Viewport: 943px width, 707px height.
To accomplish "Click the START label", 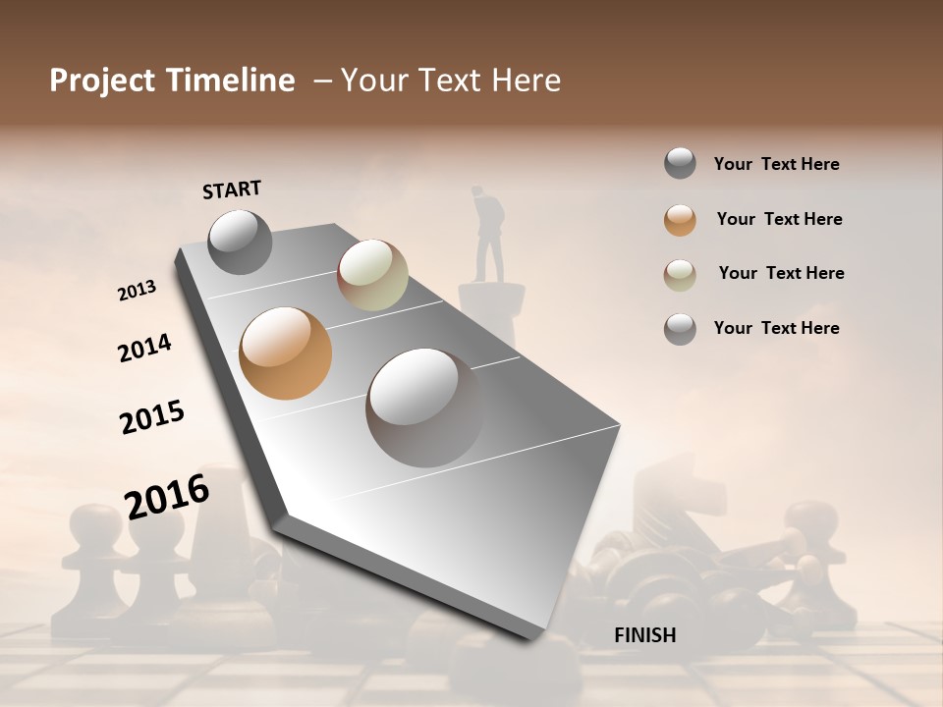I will tap(232, 190).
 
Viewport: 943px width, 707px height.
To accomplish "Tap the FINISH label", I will tap(644, 635).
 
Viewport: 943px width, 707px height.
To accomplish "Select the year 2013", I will tap(137, 291).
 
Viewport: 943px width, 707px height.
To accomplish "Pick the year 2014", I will tap(144, 348).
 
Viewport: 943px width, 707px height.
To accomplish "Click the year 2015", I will tap(152, 417).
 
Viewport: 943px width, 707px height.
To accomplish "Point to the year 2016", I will tap(167, 497).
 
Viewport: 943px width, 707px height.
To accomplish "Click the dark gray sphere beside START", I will tap(240, 243).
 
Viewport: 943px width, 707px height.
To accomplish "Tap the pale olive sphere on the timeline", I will tap(372, 274).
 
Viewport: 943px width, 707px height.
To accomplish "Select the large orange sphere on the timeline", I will tap(286, 353).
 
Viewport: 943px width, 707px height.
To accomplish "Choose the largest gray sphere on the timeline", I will tap(425, 408).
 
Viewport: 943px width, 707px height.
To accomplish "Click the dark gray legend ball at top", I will tap(680, 164).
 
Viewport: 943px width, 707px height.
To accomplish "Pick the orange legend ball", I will tap(680, 219).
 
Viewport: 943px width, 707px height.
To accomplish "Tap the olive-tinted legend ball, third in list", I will tap(680, 274).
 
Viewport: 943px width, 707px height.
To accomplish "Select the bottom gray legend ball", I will tap(680, 329).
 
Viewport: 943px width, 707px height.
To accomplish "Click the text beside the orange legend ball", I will tap(779, 219).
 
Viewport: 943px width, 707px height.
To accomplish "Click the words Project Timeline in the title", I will tap(172, 81).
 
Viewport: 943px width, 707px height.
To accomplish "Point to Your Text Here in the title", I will tap(451, 81).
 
